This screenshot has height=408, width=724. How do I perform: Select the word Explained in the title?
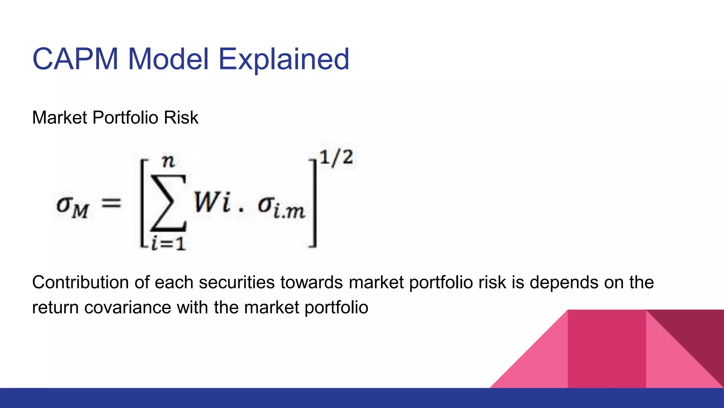[284, 59]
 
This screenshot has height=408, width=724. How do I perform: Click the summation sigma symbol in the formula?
[169, 203]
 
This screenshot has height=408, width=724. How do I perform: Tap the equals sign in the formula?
[111, 203]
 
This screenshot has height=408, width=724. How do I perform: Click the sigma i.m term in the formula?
[281, 208]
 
